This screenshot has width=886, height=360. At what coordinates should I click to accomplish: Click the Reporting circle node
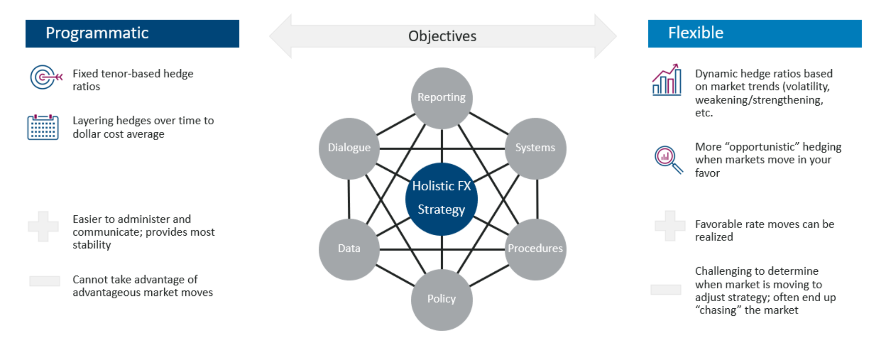(442, 98)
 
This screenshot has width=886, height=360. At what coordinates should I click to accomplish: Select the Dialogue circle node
(349, 148)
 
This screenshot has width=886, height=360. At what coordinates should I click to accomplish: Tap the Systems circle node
(535, 148)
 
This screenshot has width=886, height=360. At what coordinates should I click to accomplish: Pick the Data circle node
(349, 249)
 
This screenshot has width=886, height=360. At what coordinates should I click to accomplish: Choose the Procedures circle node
(535, 249)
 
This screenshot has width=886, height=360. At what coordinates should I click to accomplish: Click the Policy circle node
(442, 299)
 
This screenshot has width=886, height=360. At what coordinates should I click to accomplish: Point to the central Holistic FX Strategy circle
(442, 199)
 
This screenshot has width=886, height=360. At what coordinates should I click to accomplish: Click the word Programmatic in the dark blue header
(97, 33)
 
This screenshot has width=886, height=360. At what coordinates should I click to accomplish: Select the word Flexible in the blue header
(696, 33)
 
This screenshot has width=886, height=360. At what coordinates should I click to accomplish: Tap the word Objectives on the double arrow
(442, 36)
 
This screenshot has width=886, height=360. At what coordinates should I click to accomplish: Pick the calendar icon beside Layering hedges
(43, 127)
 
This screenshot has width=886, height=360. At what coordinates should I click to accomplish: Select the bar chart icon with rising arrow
(667, 80)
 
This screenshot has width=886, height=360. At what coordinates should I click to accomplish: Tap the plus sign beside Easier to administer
(43, 226)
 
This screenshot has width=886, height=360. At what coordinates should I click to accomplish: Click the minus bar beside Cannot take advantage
(45, 281)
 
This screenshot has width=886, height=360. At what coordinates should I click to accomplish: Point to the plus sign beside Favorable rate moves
(670, 226)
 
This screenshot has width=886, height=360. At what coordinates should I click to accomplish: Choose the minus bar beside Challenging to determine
(666, 289)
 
